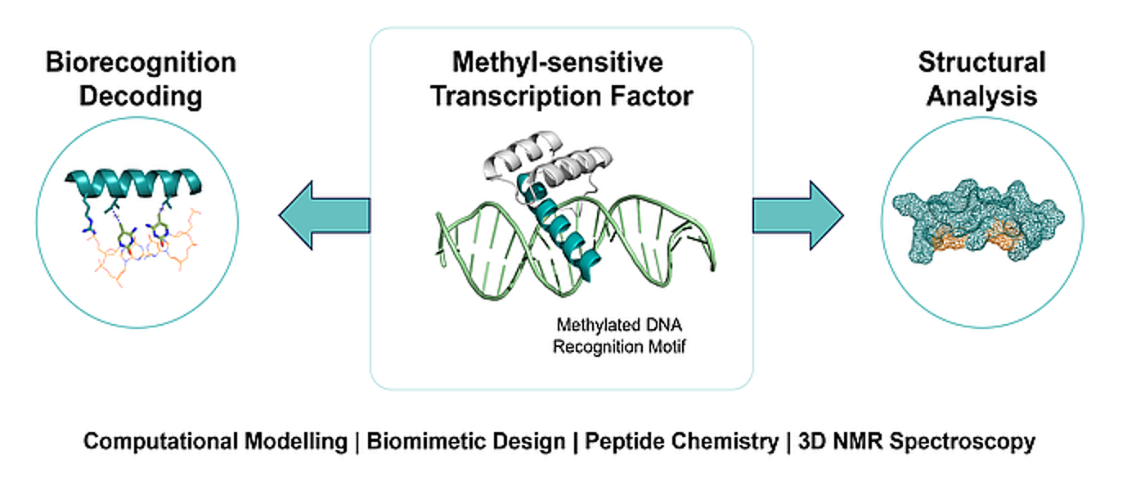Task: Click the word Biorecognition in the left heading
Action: point(141,62)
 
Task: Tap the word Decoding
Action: point(141,97)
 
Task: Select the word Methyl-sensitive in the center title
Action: point(559,62)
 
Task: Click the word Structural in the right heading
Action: point(981,62)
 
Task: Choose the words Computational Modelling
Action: point(215,442)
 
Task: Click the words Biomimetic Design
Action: point(465,442)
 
